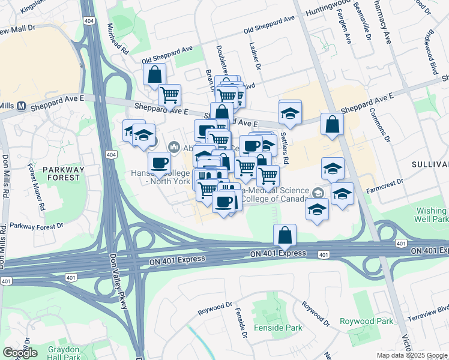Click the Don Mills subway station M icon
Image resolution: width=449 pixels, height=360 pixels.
coord(22,106)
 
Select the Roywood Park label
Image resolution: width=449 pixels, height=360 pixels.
coord(366,322)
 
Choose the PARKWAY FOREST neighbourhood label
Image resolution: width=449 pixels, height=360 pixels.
coord(62,173)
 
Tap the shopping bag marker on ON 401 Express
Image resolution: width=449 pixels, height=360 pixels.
coord(285,235)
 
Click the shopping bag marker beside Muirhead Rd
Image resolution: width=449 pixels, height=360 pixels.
coord(154,75)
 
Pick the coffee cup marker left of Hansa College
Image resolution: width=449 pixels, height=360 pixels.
coord(159,162)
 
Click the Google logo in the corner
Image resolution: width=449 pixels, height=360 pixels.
coord(20,353)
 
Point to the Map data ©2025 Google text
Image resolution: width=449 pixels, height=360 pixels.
coord(412,355)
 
